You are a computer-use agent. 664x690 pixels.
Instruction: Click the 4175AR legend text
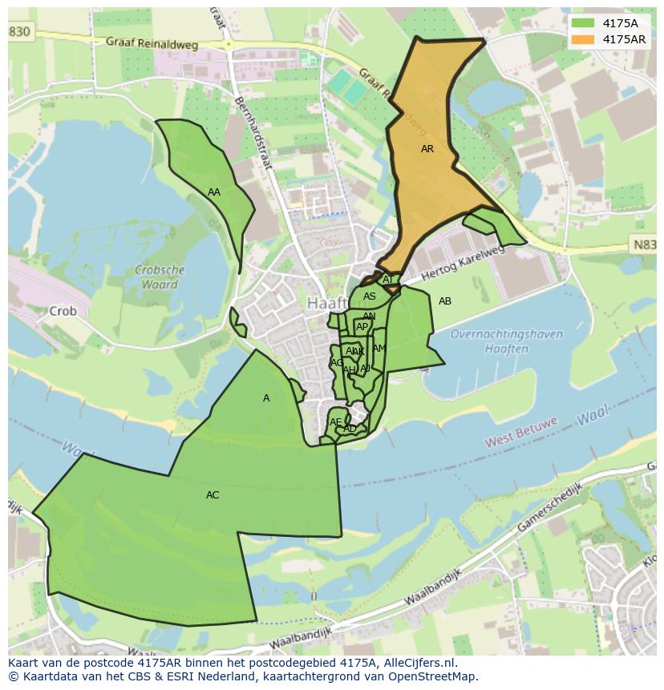tap(625, 39)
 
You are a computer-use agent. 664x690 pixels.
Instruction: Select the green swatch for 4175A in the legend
tap(583, 23)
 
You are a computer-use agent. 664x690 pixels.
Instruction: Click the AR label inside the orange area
tap(427, 149)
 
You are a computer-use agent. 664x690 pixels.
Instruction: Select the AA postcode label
tap(214, 192)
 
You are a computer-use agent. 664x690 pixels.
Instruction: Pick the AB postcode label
tap(445, 301)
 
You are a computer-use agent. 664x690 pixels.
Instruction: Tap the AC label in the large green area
tap(213, 495)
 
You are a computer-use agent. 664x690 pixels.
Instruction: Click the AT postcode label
tap(388, 280)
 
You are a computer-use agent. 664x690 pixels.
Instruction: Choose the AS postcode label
tap(369, 297)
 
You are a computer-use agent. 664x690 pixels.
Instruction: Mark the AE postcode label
tap(335, 422)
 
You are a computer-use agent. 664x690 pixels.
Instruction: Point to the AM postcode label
tap(379, 349)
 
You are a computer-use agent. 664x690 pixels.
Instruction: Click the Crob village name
tap(63, 311)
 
